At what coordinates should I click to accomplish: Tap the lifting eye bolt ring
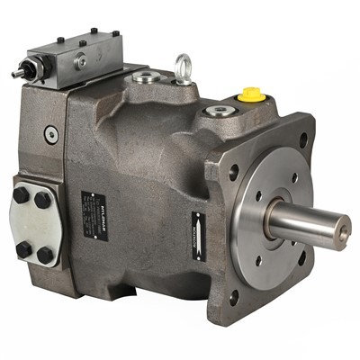(184, 66)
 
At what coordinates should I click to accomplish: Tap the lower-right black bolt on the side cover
(44, 255)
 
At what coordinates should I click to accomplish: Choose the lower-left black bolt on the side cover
(22, 247)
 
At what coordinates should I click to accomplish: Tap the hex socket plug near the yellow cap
(218, 112)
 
